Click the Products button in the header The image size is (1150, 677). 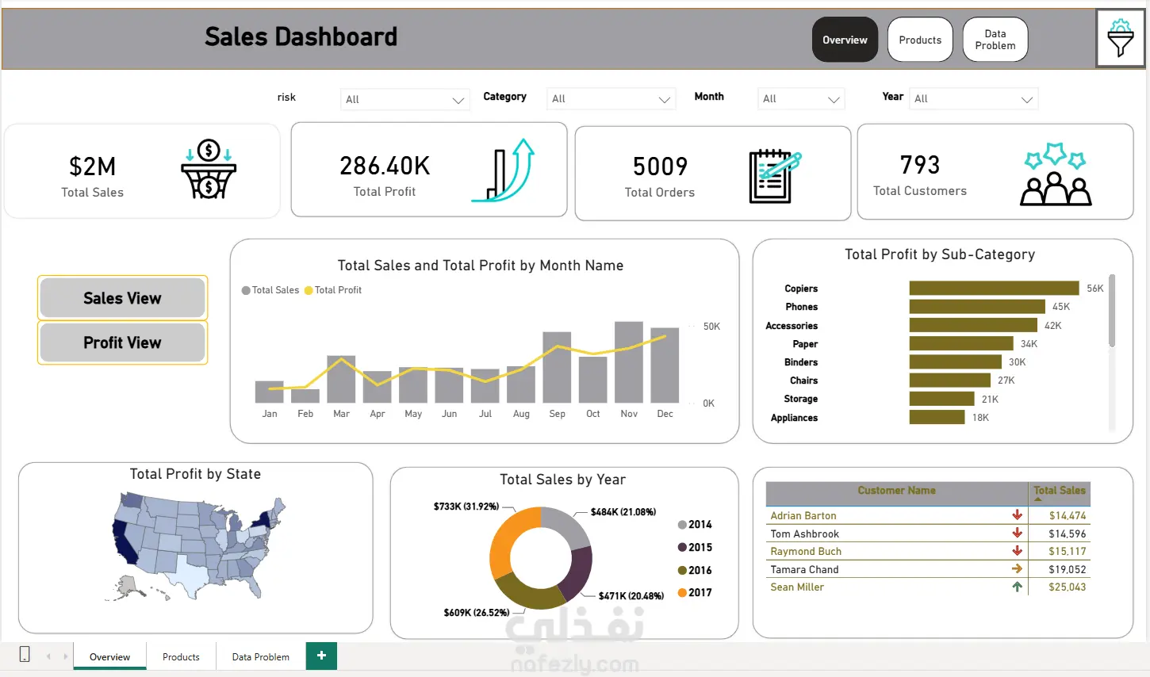920,40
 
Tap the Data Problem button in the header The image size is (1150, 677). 995,40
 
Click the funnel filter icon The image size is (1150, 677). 1120,38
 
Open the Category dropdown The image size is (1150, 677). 611,98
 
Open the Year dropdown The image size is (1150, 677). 973,98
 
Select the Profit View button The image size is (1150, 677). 122,342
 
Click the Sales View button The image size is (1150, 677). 122,298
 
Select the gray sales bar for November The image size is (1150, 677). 629,361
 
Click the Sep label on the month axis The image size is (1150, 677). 557,414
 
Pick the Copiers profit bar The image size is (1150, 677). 994,288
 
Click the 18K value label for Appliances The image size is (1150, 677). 980,418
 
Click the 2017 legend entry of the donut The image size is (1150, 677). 695,593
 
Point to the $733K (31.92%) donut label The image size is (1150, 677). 466,507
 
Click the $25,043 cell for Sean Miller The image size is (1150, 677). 1067,587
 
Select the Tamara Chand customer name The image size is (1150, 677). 804,569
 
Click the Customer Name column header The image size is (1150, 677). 896,490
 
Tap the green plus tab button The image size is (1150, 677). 321,656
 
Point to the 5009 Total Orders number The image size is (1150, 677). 660,166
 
